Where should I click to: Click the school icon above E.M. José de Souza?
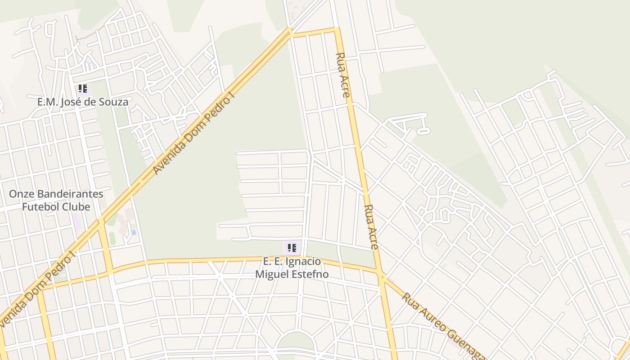coord(82,89)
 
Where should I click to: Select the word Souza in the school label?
coord(114,102)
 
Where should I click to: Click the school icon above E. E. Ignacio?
coord(292,247)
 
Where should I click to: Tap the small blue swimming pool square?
coord(134,232)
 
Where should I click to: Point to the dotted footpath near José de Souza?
coord(90,34)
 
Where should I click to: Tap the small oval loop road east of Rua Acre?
coord(423,131)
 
